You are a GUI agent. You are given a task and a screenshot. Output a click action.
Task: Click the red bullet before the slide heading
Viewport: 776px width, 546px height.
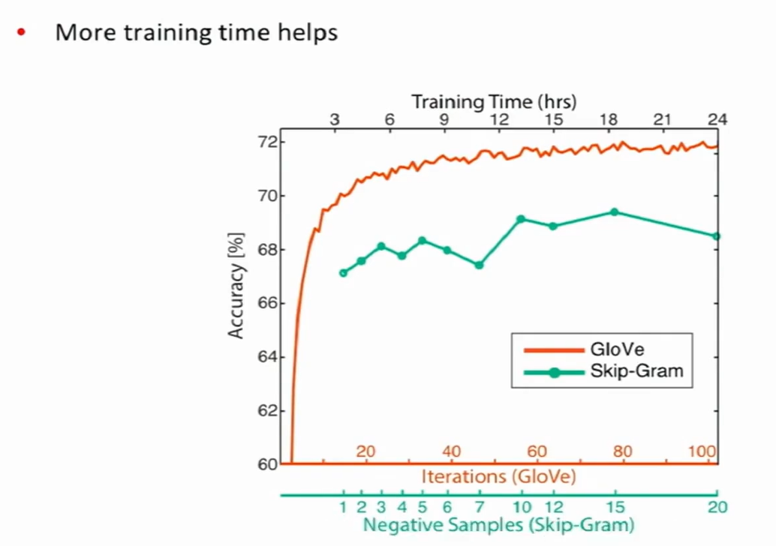pos(21,33)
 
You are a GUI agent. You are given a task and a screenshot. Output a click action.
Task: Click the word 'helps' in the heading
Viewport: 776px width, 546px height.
pos(309,33)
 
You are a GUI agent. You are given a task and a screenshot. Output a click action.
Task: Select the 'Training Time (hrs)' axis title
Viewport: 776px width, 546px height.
pos(493,100)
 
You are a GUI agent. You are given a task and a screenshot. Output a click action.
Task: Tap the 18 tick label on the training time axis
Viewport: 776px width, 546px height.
pos(608,119)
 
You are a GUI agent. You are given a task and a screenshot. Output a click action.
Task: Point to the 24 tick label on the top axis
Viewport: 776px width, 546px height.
pos(717,119)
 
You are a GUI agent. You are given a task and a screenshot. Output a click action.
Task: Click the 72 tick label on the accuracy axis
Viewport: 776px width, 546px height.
pos(268,142)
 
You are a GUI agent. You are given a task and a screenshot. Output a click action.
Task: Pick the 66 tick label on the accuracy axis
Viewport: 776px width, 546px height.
pos(268,304)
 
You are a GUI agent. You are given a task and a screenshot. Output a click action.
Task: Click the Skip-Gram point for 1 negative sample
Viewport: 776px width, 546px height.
pos(343,273)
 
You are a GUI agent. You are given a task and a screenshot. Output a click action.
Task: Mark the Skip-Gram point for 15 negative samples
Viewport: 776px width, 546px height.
pos(614,212)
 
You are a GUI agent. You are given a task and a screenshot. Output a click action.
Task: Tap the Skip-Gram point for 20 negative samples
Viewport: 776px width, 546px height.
pos(716,236)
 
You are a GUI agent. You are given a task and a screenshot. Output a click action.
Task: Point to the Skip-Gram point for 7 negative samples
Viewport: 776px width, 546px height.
pos(479,265)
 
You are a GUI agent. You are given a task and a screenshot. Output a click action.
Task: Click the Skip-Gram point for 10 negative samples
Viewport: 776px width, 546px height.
pos(520,219)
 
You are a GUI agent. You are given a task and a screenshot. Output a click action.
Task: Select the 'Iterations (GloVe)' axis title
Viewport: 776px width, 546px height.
pos(498,475)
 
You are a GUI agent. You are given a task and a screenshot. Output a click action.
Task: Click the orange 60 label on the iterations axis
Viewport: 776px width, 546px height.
pos(536,451)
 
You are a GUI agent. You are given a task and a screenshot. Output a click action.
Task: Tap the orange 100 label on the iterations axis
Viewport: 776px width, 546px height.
pos(702,451)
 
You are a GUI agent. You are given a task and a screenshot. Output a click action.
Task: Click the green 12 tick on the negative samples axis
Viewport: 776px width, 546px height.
pos(553,506)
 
